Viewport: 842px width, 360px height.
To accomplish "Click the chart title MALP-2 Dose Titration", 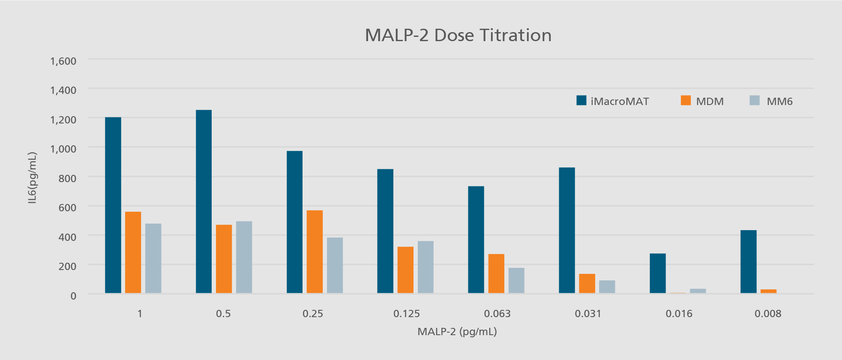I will (x=458, y=35).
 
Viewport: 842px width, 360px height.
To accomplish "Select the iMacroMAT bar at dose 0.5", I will (x=204, y=201).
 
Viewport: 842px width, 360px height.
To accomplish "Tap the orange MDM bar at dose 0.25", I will (x=315, y=252).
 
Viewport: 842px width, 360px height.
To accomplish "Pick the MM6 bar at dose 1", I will (x=153, y=258).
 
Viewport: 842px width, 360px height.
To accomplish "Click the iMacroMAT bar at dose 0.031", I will (x=566, y=230).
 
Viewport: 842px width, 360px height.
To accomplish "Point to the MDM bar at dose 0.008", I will (x=768, y=291).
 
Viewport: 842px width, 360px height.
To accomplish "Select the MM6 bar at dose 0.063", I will (x=516, y=280).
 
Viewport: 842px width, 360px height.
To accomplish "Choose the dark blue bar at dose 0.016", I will (x=657, y=273).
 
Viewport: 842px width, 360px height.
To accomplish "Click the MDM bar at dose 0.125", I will (x=405, y=270).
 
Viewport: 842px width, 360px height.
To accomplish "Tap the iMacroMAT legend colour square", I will (x=581, y=100).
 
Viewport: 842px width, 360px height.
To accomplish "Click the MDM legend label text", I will (x=710, y=102).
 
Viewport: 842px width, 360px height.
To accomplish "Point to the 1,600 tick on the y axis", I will (x=63, y=61).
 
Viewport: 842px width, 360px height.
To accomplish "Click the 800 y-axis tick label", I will (x=67, y=178).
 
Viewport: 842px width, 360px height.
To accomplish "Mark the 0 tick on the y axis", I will (x=73, y=296).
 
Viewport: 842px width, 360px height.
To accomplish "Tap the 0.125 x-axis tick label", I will (x=406, y=314).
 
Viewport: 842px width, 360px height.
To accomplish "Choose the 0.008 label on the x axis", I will (x=767, y=314).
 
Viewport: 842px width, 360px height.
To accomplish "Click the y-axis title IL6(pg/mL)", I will (x=32, y=177).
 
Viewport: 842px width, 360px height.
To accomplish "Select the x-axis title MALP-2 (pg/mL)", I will (x=457, y=332).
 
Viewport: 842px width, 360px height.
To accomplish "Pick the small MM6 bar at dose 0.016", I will (x=698, y=291).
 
